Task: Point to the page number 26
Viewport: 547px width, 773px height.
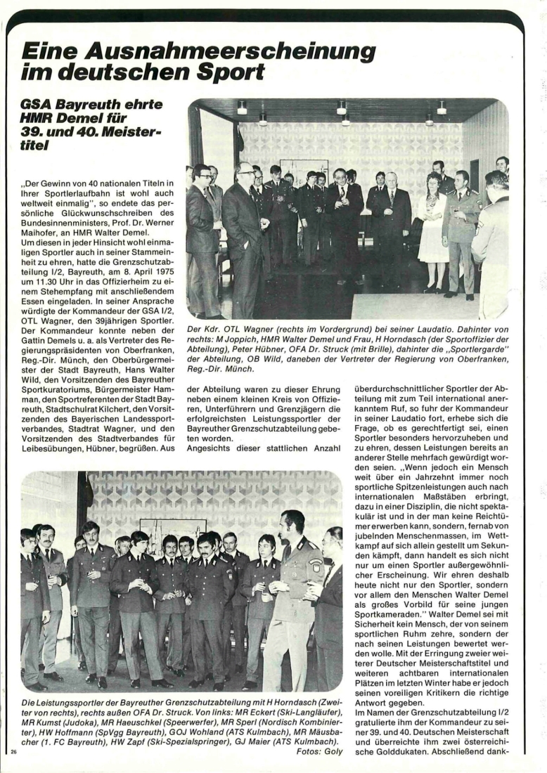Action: pos(14,752)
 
